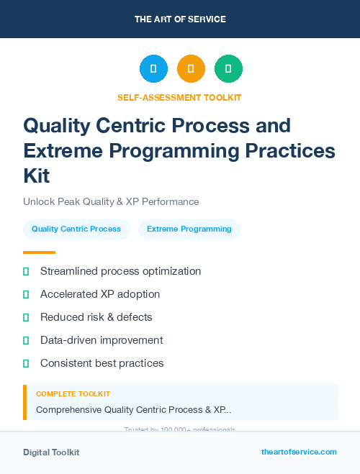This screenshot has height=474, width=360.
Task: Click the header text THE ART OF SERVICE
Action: point(180,19)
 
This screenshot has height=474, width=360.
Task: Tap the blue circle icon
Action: point(153,69)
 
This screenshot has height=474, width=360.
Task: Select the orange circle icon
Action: point(191,69)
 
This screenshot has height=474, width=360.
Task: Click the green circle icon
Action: point(228,69)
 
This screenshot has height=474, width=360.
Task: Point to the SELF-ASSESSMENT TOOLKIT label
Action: point(179,97)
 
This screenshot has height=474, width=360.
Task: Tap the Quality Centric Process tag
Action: point(76,229)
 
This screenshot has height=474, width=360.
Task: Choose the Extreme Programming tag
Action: point(189,229)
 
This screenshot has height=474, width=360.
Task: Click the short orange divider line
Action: point(39,252)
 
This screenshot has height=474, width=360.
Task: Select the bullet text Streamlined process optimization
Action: point(120,271)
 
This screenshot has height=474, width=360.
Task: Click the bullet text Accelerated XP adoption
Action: point(100,294)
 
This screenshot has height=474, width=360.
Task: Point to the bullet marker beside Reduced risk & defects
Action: point(26,317)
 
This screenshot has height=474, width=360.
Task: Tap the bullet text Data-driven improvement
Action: point(102,340)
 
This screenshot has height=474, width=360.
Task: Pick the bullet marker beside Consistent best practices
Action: point(26,363)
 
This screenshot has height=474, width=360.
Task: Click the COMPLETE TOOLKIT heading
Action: point(73,394)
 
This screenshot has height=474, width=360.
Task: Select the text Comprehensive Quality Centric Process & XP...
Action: point(133,410)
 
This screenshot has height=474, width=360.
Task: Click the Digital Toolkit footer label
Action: point(51,452)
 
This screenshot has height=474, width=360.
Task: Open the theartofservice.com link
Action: point(299,452)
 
